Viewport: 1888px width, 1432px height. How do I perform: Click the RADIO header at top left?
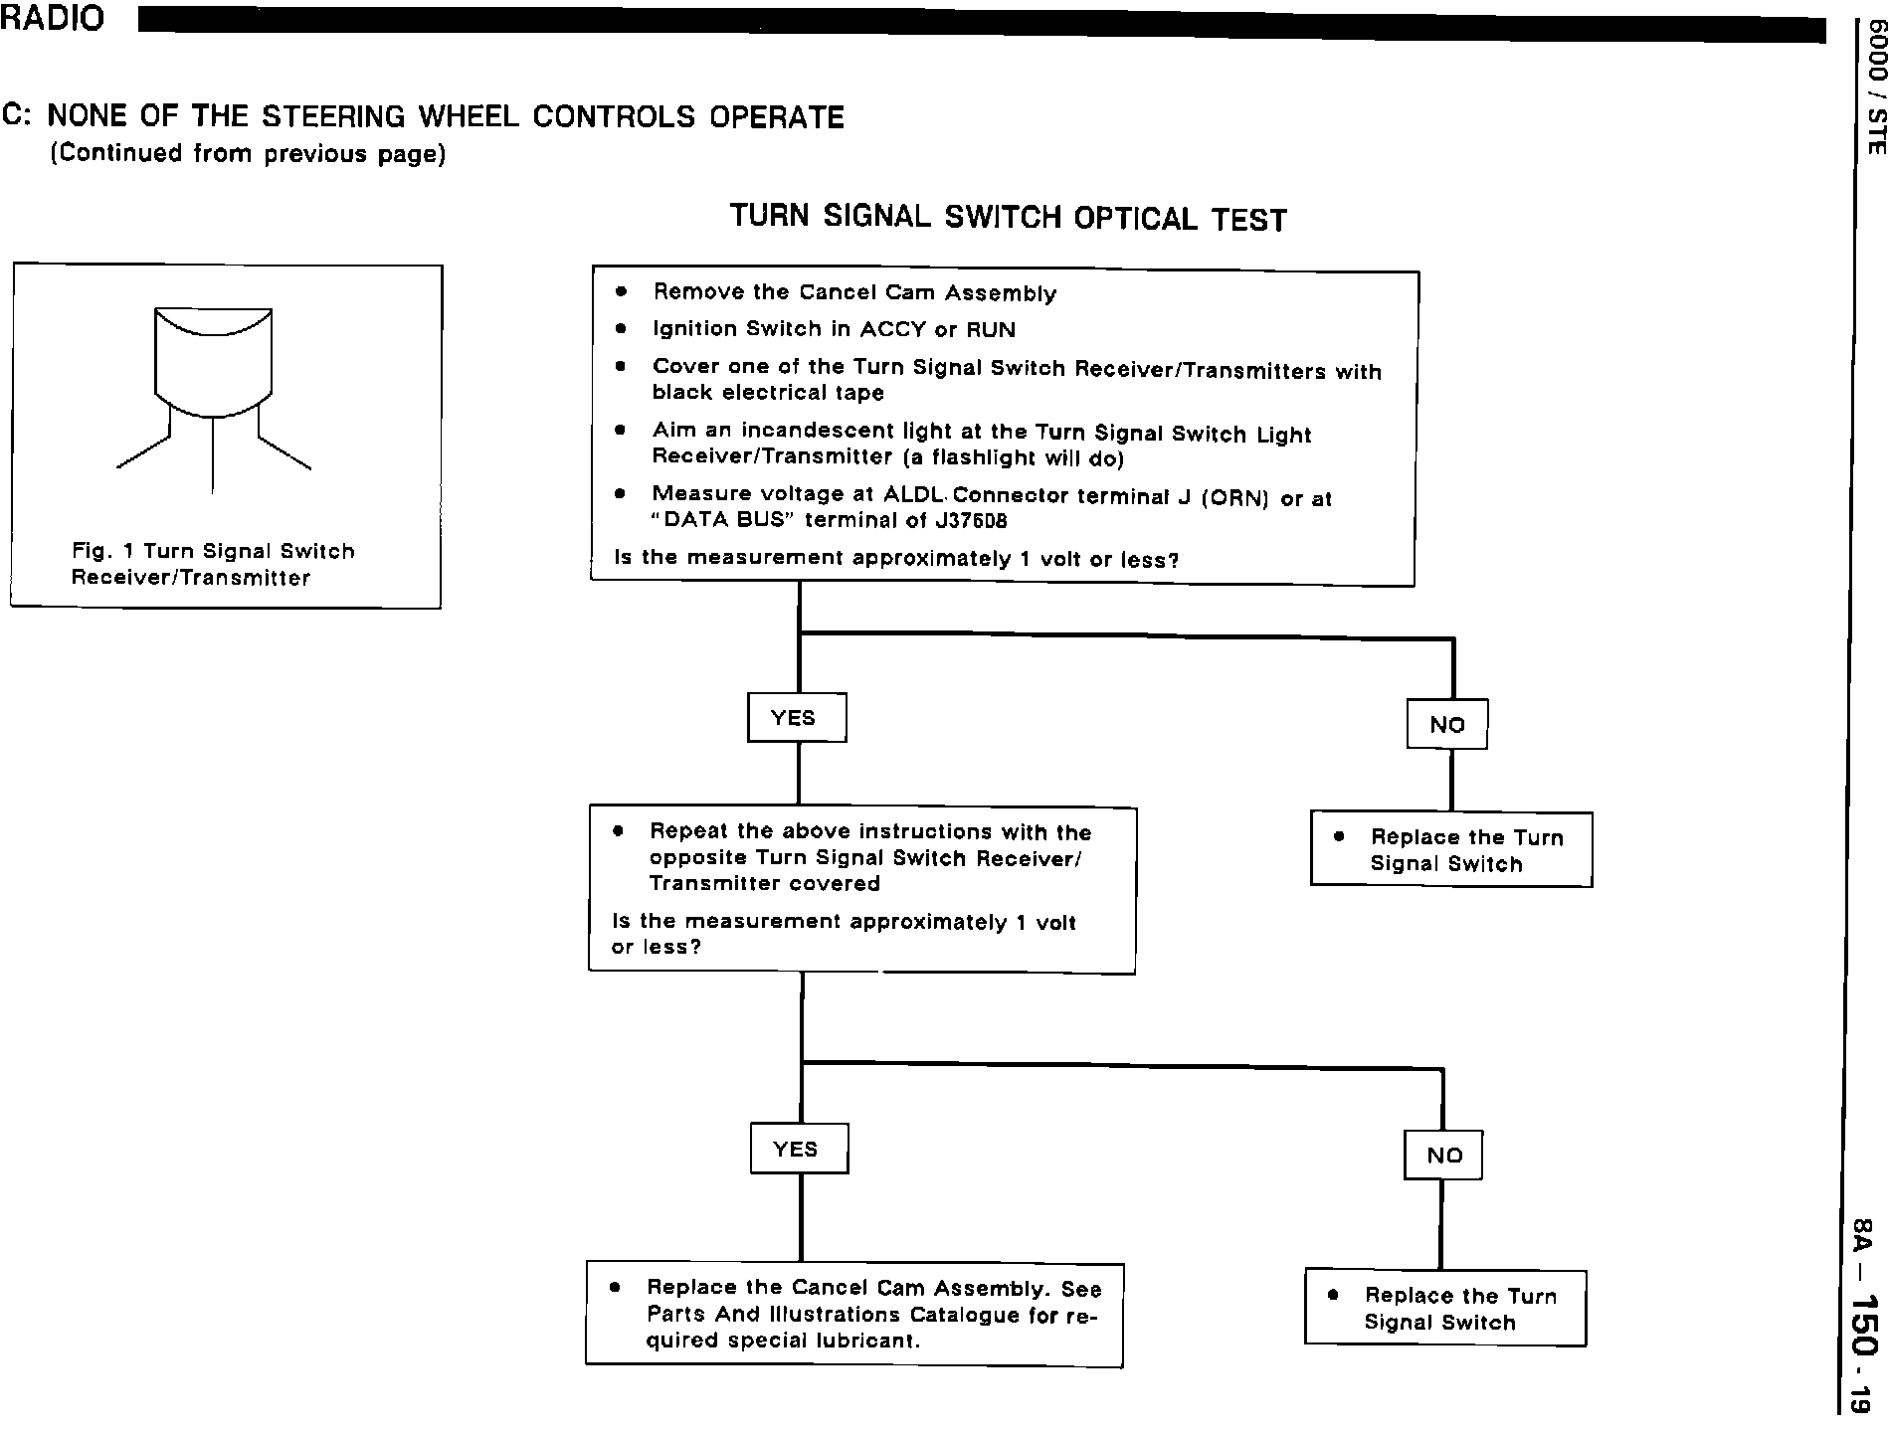(52, 19)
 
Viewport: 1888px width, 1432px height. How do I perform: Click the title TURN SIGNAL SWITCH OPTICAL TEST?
(1008, 217)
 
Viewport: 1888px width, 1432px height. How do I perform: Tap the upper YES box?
(796, 717)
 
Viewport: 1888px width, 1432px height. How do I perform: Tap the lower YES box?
(798, 1149)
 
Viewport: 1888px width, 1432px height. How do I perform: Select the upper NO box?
(1446, 724)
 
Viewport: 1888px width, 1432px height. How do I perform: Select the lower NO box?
(1442, 1155)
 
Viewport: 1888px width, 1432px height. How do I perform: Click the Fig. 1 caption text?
(213, 564)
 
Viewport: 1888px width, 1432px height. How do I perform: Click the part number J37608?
(971, 521)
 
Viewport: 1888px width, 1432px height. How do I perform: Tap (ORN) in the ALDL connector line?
(1235, 498)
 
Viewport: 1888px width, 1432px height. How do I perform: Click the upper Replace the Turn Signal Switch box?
(1450, 849)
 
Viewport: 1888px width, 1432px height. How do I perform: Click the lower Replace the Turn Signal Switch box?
(1444, 1308)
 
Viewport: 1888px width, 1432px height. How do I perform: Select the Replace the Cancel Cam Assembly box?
(853, 1314)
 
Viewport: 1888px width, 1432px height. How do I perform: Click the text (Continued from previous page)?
(248, 154)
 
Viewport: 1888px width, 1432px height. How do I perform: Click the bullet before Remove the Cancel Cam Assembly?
(622, 292)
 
